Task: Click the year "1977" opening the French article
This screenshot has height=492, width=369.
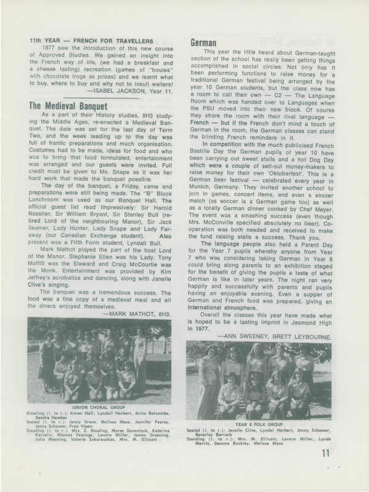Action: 51,47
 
